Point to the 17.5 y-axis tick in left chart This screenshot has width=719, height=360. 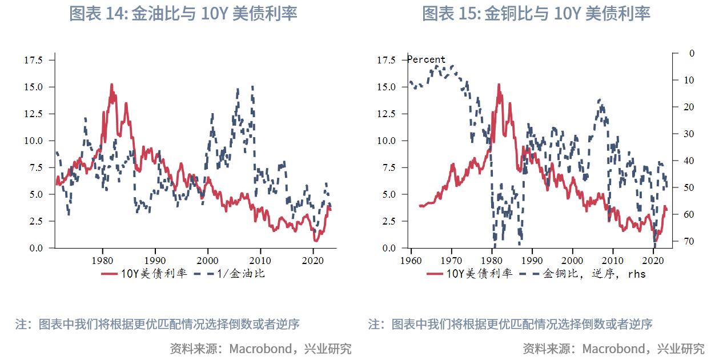point(32,59)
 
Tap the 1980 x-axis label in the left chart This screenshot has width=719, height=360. point(102,258)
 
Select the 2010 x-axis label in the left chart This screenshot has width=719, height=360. point(260,258)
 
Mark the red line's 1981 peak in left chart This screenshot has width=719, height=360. point(111,85)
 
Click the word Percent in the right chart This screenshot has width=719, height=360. point(426,59)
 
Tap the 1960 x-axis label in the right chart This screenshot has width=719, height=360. point(411,258)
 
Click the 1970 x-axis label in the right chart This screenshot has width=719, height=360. point(451,258)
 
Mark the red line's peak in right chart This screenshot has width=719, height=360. point(499,85)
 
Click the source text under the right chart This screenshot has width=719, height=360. point(613,348)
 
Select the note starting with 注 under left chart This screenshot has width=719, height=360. point(157,324)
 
